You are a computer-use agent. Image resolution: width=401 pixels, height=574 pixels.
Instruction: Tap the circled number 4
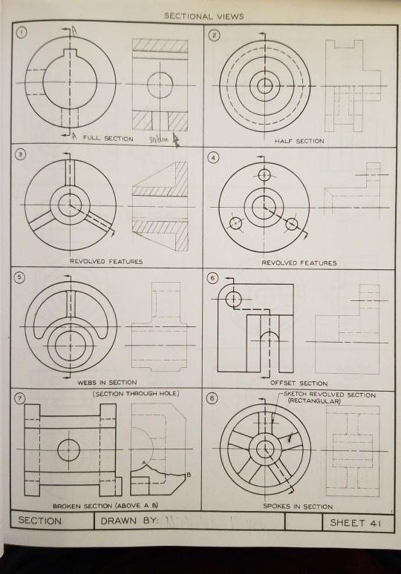click(x=215, y=157)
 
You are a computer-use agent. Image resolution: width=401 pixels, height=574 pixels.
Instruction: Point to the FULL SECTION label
click(x=108, y=138)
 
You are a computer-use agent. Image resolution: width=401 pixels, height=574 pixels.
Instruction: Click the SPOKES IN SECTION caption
click(x=298, y=506)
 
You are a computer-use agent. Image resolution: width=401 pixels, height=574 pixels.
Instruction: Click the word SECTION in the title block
click(x=41, y=521)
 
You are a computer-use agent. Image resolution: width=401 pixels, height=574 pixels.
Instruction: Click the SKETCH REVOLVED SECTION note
click(x=331, y=395)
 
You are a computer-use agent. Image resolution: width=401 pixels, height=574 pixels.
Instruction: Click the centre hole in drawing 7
click(x=68, y=449)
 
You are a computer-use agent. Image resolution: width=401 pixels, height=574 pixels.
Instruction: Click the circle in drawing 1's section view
click(x=159, y=85)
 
